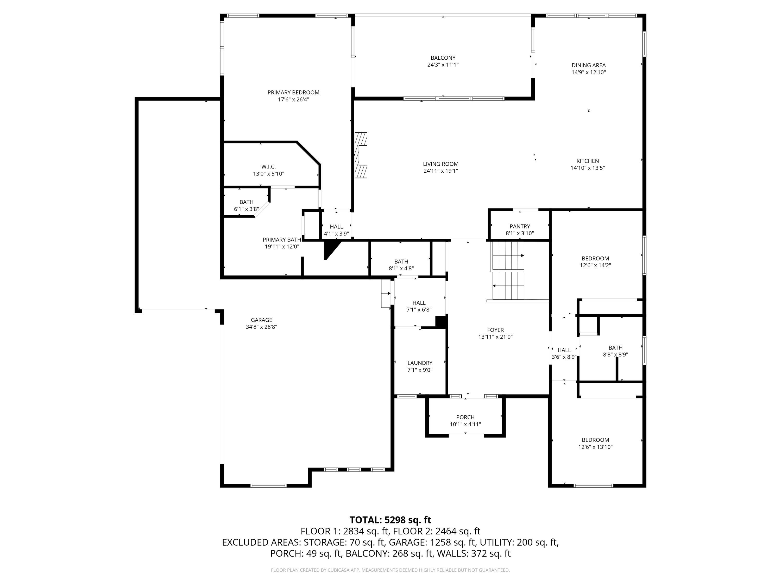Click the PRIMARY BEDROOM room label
click(x=293, y=92)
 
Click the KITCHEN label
click(x=588, y=161)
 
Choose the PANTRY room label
click(x=520, y=226)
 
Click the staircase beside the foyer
click(x=508, y=270)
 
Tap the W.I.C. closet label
click(x=268, y=167)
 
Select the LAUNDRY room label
click(x=420, y=363)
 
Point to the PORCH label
click(x=465, y=417)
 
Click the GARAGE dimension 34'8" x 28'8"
click(x=261, y=327)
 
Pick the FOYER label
click(x=495, y=330)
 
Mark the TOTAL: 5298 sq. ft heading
click(x=390, y=520)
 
